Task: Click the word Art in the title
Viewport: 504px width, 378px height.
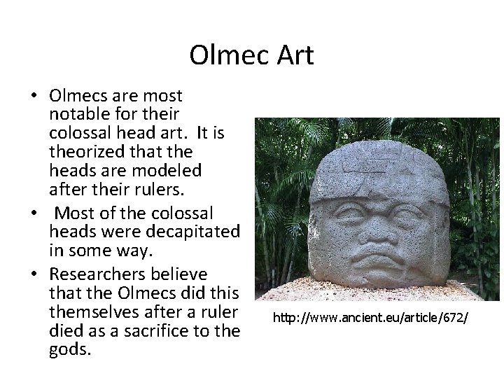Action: pos(293,55)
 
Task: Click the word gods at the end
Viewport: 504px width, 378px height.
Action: pos(70,349)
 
